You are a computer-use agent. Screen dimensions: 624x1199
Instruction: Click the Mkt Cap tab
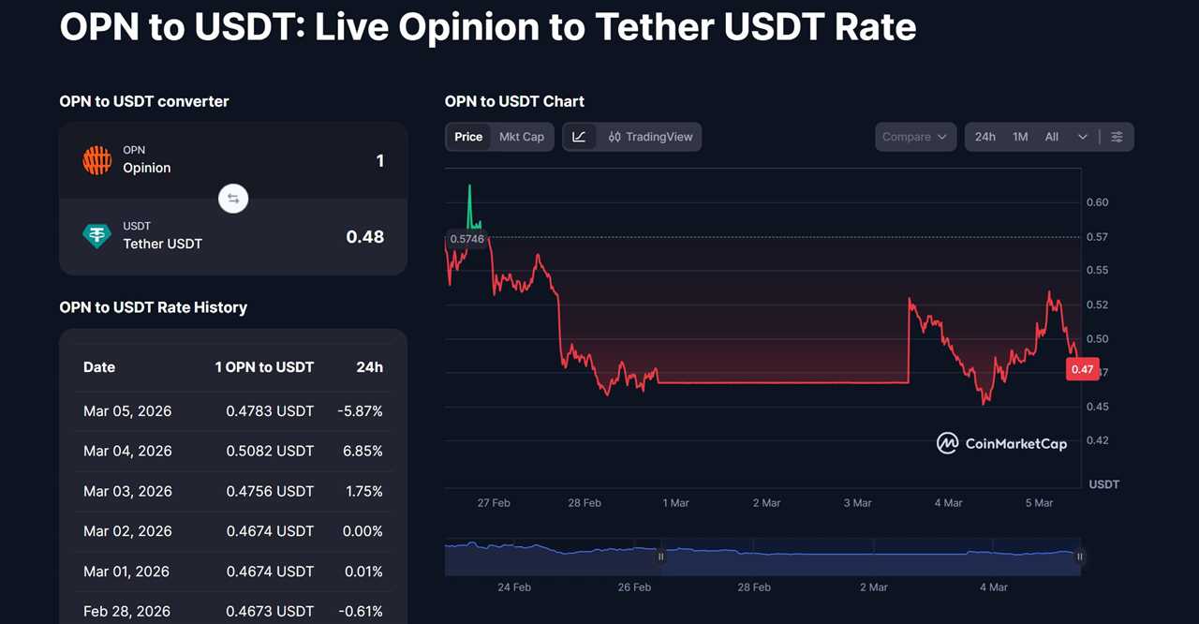[x=521, y=137]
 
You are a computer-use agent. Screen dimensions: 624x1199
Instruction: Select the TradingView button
[x=650, y=137]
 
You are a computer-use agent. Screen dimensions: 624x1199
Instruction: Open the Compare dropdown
[x=915, y=137]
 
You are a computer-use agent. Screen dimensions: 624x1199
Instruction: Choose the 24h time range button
[x=984, y=137]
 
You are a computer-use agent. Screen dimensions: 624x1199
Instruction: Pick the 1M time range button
[x=1020, y=137]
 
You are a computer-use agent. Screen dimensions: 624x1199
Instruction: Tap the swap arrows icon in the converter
[x=233, y=199]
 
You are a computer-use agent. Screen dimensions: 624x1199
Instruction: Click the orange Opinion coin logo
[x=97, y=160]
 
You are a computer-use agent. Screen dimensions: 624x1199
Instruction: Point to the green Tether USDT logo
[x=97, y=236]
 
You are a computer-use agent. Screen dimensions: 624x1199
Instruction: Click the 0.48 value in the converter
[x=364, y=237]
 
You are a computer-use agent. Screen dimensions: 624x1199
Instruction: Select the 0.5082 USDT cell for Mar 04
[x=270, y=451]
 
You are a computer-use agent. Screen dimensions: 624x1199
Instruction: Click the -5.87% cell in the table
[x=360, y=410]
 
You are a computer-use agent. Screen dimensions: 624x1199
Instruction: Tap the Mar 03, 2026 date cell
[x=127, y=491]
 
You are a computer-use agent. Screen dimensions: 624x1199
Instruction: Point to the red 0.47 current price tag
[x=1082, y=369]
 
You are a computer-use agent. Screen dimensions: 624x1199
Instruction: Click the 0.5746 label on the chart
[x=466, y=239]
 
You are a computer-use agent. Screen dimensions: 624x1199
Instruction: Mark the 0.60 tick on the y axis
[x=1097, y=202]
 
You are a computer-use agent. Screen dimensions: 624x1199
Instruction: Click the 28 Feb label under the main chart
[x=585, y=503]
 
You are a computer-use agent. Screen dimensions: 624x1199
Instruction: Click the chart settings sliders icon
[x=1117, y=137]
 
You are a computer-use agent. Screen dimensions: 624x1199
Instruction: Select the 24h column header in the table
[x=369, y=367]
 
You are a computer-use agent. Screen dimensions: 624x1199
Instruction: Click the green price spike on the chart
[x=470, y=201]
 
